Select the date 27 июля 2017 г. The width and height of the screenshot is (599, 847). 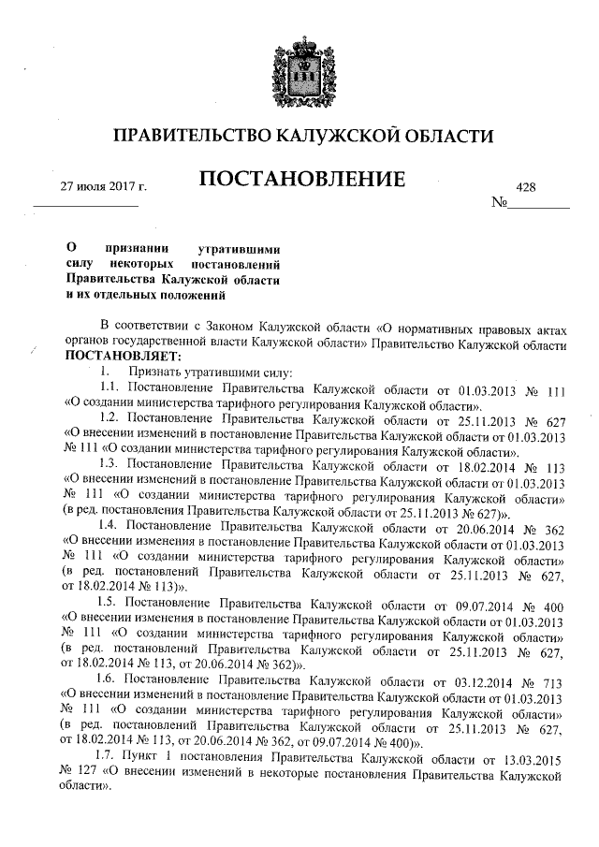[104, 187]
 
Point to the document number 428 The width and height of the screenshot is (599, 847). [525, 187]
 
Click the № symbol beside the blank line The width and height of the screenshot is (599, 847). [499, 203]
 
